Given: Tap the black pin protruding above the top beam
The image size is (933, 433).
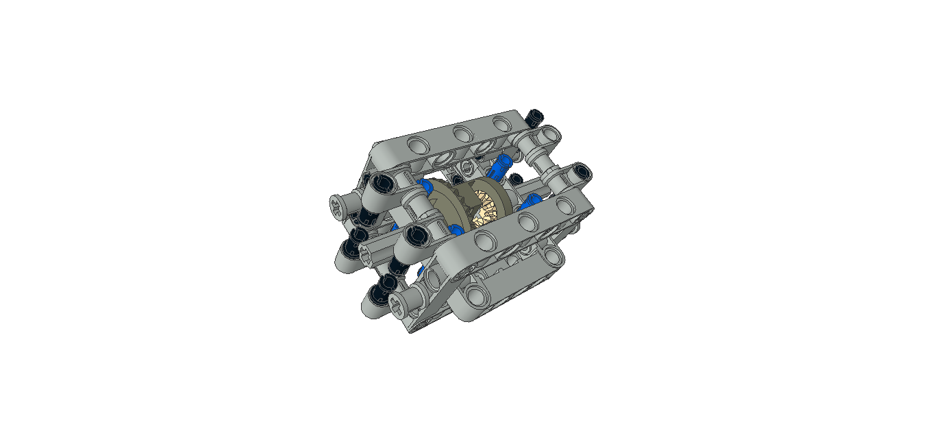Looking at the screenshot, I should [x=536, y=116].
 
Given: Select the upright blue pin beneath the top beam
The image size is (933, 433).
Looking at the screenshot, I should [x=500, y=166].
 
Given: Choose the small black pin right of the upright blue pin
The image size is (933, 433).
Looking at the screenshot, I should [x=514, y=180].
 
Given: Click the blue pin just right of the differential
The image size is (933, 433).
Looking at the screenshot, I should [x=531, y=203].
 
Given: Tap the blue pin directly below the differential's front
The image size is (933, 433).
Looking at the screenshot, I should [x=456, y=228].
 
